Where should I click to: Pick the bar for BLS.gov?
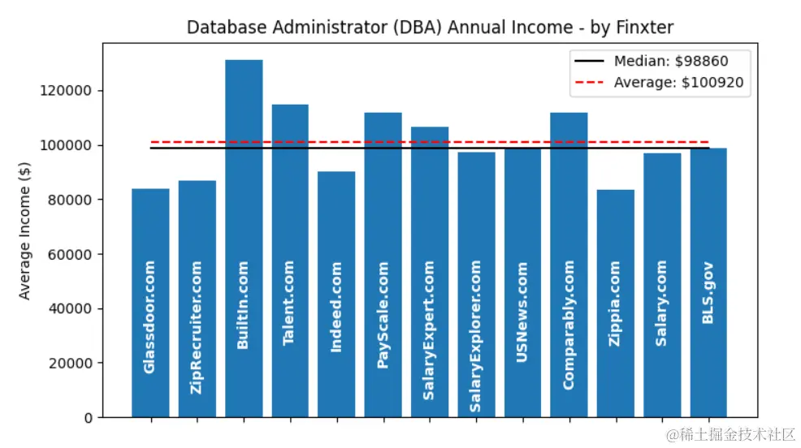(x=708, y=219)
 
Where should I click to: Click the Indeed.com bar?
(x=336, y=227)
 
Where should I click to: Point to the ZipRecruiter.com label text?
(x=197, y=327)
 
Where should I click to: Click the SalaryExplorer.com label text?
(x=475, y=335)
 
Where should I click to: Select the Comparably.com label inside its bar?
(x=569, y=325)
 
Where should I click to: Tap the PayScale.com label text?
(x=383, y=315)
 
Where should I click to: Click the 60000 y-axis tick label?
(x=70, y=254)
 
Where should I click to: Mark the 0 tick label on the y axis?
(x=88, y=418)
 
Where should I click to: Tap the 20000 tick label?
(x=70, y=364)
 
